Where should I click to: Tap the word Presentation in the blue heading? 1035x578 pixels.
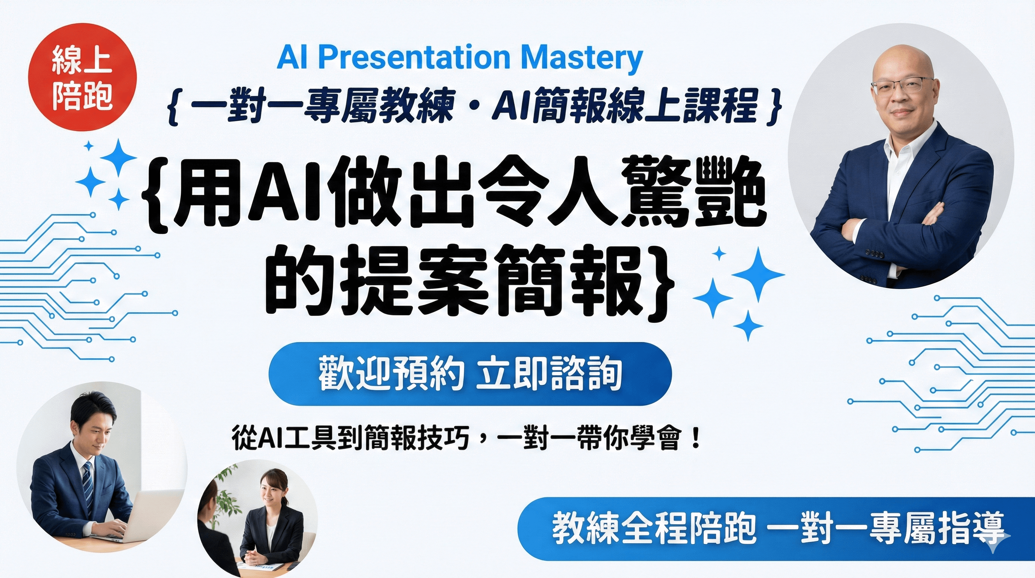(x=414, y=58)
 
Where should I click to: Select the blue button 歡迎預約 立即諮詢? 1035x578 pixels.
(x=470, y=374)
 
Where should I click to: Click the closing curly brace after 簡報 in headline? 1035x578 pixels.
(x=662, y=281)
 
